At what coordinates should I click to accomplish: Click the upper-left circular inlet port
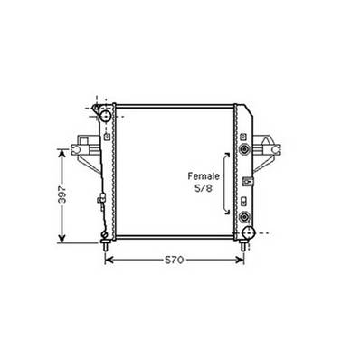106,118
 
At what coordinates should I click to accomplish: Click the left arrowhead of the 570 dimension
109,261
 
